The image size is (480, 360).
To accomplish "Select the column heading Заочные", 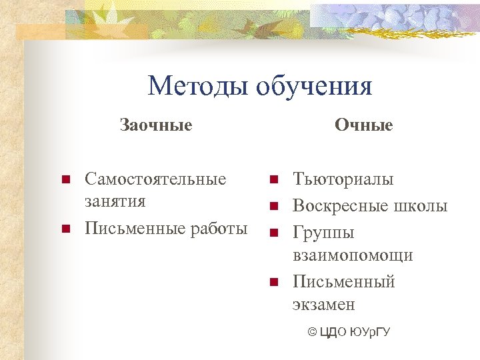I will click(156, 125).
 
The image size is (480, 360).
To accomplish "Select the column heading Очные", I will click(364, 125).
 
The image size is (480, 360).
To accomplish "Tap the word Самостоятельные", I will click(155, 179).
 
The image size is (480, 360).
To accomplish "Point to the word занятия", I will click(115, 201).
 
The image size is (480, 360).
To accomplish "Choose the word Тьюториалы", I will click(343, 179).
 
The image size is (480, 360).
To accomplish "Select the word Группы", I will click(324, 233).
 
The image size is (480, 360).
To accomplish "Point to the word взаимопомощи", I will click(353, 255).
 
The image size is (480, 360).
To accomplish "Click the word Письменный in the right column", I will click(344, 282).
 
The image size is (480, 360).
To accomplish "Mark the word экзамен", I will click(324, 305).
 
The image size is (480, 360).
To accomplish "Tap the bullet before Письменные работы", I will click(65, 229).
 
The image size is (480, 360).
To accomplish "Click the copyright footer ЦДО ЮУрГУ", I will click(349, 331).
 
